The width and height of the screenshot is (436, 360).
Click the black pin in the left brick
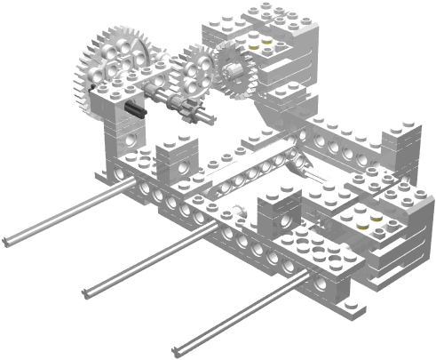135,109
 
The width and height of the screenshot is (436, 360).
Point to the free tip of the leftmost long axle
7,240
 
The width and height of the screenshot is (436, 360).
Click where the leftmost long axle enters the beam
138,186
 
